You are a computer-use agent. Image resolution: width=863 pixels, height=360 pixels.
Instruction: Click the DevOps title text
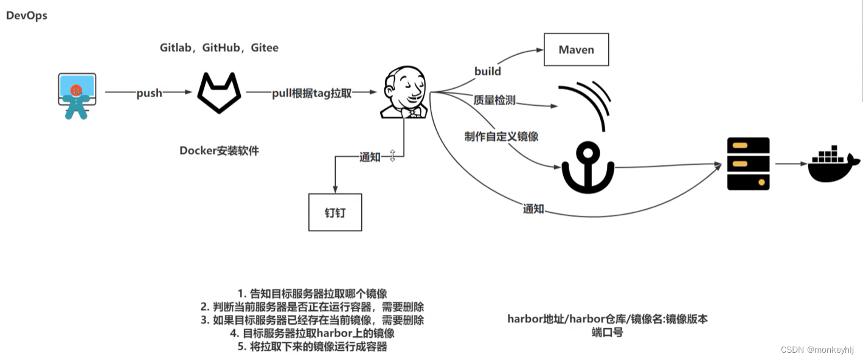click(x=27, y=16)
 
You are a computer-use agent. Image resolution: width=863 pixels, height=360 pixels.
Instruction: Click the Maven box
click(x=576, y=50)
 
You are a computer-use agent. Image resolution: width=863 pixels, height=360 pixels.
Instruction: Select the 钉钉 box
click(x=335, y=212)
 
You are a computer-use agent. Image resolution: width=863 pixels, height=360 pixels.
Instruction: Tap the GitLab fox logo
click(x=219, y=92)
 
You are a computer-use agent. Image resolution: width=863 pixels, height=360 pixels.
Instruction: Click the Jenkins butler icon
click(x=404, y=92)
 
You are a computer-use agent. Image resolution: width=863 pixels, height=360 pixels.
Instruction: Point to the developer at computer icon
click(x=77, y=95)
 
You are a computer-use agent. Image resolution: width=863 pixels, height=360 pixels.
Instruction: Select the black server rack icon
click(x=748, y=164)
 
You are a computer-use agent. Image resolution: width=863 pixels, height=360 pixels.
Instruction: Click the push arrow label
click(x=149, y=93)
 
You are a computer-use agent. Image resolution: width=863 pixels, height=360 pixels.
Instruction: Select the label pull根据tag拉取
click(x=311, y=93)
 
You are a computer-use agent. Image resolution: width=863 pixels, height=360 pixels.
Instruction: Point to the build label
click(x=488, y=71)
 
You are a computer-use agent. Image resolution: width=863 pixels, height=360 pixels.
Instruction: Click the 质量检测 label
click(x=494, y=100)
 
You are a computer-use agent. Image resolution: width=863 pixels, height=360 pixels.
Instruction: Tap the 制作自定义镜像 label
click(x=501, y=136)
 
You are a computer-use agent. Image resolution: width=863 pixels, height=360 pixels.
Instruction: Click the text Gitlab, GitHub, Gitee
click(x=219, y=47)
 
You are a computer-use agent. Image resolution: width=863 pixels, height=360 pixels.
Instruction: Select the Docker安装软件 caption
click(x=219, y=151)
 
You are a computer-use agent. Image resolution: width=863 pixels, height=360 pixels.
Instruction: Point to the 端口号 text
click(x=607, y=333)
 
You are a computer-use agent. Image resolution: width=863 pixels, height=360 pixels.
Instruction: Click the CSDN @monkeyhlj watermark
click(x=817, y=350)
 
